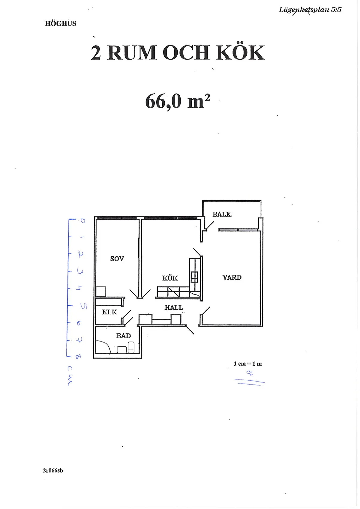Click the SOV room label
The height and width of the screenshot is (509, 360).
(x=117, y=259)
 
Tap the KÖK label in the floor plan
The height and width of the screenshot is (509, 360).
(x=170, y=278)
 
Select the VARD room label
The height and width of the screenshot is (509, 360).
(x=232, y=277)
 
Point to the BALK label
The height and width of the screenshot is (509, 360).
(x=222, y=214)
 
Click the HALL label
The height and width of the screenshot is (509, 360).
(x=173, y=307)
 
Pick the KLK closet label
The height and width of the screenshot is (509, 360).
(x=109, y=312)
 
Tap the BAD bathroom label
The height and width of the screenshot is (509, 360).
(x=123, y=336)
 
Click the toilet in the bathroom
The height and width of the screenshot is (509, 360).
(x=131, y=347)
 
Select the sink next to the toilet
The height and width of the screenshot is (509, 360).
(x=121, y=349)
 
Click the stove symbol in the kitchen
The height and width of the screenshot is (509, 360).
(x=194, y=277)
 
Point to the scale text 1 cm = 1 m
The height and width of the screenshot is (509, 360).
(x=248, y=364)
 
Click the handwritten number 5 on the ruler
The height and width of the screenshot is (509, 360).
(x=83, y=306)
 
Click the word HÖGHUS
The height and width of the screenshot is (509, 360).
(x=61, y=23)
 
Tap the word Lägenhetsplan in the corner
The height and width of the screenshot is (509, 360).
(x=304, y=10)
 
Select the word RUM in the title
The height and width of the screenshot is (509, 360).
(x=132, y=53)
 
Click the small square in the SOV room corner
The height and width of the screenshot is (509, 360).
(x=101, y=292)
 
